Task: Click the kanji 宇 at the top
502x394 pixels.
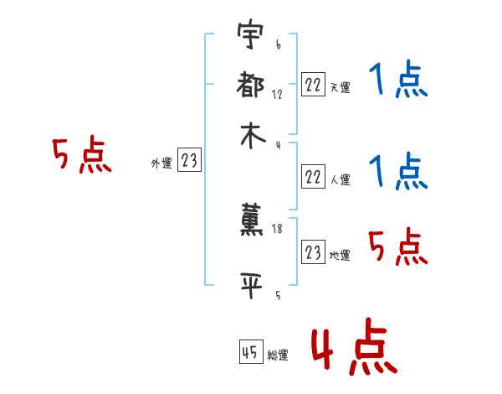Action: [252, 38]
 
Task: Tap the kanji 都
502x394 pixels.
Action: [252, 86]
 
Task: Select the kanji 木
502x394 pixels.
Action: [252, 136]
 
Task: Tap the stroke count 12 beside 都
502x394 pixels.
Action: [278, 95]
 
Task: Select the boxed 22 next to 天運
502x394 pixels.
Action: [313, 85]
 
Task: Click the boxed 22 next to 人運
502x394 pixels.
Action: [313, 177]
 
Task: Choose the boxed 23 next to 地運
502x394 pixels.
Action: [313, 253]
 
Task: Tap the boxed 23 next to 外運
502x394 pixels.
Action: [189, 161]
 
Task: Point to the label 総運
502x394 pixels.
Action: [278, 355]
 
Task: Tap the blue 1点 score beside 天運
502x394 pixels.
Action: [397, 82]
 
